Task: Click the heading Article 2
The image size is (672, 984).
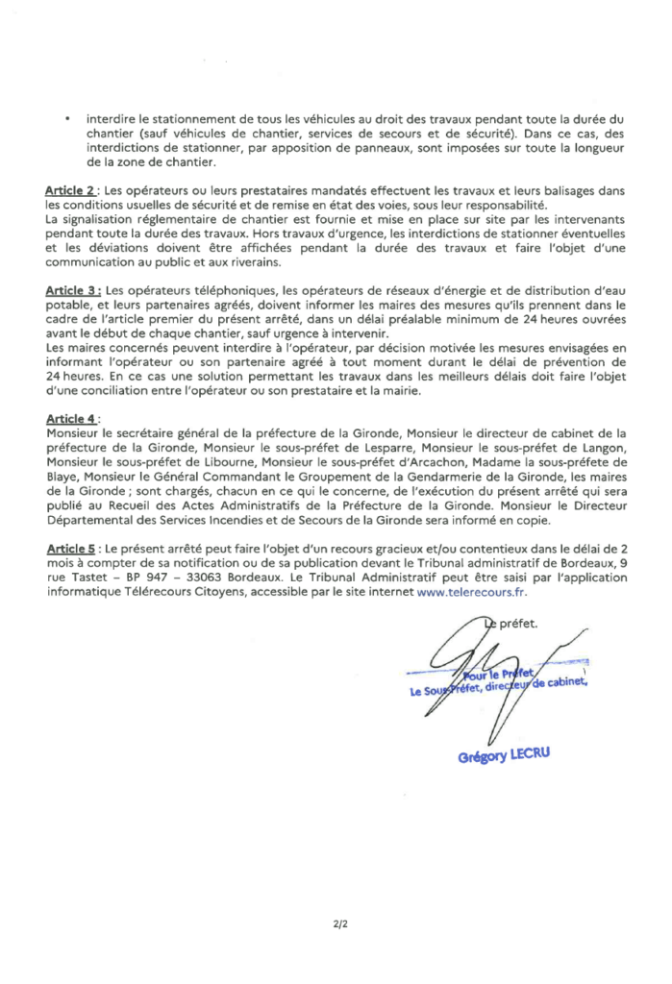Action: (x=70, y=192)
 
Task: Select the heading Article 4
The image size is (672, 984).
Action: (x=70, y=419)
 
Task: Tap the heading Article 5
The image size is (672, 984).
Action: (x=70, y=547)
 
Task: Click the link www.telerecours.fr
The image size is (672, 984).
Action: (x=471, y=594)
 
